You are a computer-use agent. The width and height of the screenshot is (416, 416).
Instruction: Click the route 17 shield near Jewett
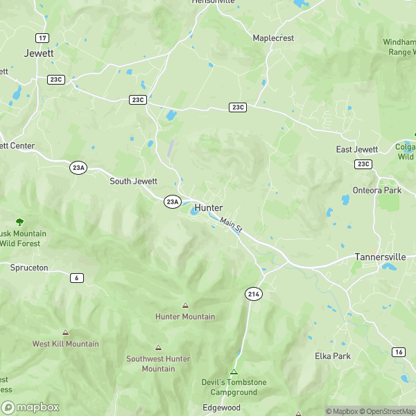(x=43, y=37)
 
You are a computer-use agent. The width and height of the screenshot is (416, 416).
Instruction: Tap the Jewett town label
(x=38, y=53)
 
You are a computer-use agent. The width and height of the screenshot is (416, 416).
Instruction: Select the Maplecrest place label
(x=275, y=37)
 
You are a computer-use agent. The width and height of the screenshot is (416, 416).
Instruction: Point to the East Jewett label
(x=357, y=150)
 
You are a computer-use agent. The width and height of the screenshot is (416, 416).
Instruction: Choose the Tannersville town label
(x=380, y=257)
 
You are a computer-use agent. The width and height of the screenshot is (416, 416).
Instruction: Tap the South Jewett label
(x=134, y=181)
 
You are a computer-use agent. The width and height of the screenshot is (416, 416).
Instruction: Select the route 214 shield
(x=253, y=295)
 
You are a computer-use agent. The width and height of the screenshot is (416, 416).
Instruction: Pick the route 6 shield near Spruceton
(x=76, y=277)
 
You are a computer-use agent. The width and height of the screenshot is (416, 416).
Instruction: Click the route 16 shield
(x=398, y=352)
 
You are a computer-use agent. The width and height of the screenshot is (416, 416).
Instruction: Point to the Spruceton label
(x=28, y=267)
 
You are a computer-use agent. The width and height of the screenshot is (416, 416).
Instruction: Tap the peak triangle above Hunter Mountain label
(x=185, y=305)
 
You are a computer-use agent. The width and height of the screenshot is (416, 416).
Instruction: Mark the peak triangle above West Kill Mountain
(x=65, y=333)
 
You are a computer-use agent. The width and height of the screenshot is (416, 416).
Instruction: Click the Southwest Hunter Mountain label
(x=159, y=364)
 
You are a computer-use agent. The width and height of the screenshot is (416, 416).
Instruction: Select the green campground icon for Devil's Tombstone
(x=234, y=372)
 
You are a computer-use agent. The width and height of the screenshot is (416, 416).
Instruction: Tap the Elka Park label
(x=333, y=356)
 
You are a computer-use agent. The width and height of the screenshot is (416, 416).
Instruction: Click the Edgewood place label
(x=221, y=408)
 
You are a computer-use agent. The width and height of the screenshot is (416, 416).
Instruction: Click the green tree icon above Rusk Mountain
(x=19, y=223)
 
